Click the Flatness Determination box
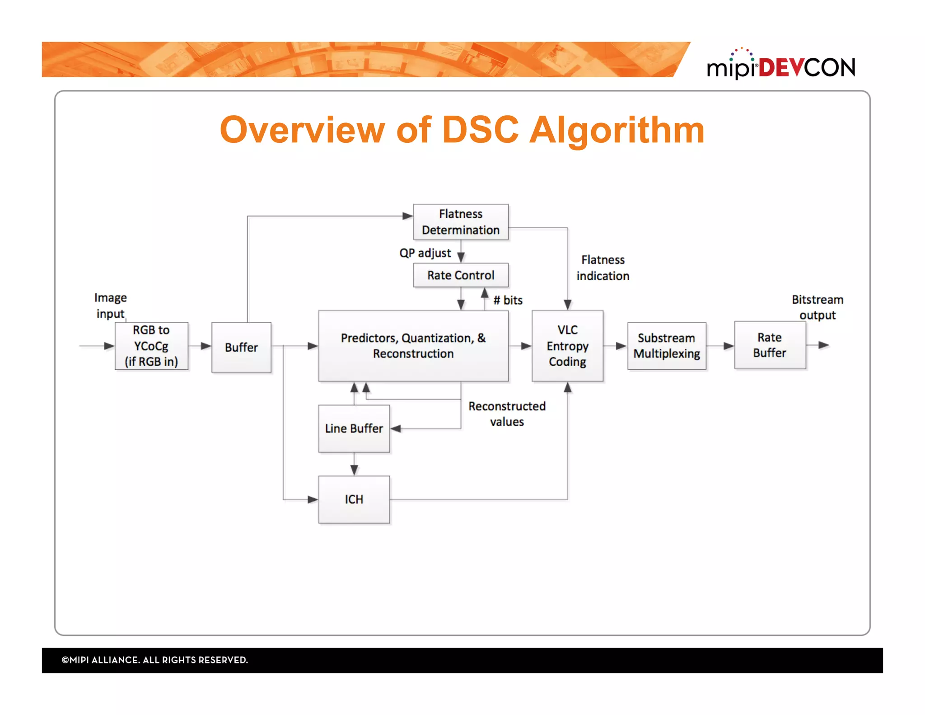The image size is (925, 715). [x=460, y=221]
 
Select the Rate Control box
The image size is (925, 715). [x=460, y=275]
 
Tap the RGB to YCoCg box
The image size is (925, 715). [x=151, y=346]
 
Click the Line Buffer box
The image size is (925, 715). [x=354, y=428]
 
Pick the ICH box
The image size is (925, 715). [x=354, y=499]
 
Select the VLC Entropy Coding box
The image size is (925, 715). [x=567, y=346]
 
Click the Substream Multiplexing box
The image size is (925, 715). [x=666, y=346]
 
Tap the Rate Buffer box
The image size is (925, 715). [x=769, y=345]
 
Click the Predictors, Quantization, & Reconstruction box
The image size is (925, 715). [x=413, y=346]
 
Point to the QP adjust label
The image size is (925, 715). [x=425, y=253]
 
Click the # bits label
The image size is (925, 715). [x=508, y=300]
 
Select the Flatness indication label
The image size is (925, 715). [x=603, y=268]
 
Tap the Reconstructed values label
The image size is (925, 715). [x=507, y=414]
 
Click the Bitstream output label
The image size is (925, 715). [x=817, y=307]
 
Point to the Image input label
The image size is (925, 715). [x=110, y=306]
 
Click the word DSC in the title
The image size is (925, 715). [x=480, y=130]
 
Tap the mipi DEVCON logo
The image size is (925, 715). [x=780, y=66]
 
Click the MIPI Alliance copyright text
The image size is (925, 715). [x=154, y=660]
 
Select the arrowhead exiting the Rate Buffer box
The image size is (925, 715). [x=824, y=345]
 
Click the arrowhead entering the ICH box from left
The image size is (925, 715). [x=313, y=499]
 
